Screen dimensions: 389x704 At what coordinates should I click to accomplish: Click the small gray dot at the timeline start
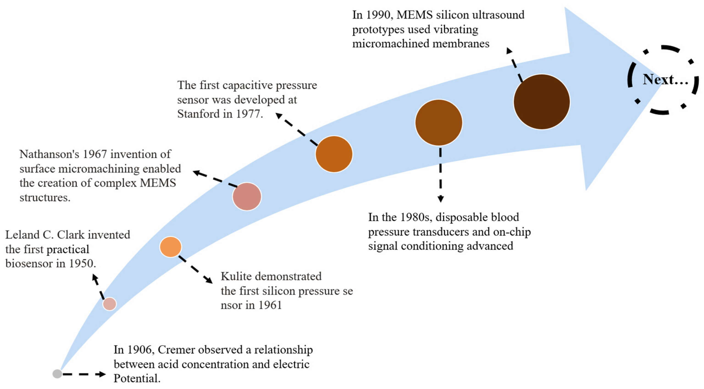[57, 374]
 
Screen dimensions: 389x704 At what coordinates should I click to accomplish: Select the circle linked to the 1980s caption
[439, 122]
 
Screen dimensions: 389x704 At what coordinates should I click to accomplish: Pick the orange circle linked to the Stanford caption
[334, 154]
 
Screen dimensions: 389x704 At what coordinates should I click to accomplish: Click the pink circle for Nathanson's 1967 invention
[247, 196]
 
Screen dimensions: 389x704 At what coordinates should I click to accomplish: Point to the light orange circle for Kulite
[171, 247]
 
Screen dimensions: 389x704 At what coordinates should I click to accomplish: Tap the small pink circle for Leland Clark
[110, 304]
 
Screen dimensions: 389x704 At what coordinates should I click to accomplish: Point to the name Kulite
[236, 276]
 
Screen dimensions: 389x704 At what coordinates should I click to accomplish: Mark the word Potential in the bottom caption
[137, 379]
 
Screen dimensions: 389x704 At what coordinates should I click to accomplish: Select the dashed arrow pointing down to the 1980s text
[440, 175]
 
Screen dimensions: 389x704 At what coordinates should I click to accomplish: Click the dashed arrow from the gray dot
[83, 374]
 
